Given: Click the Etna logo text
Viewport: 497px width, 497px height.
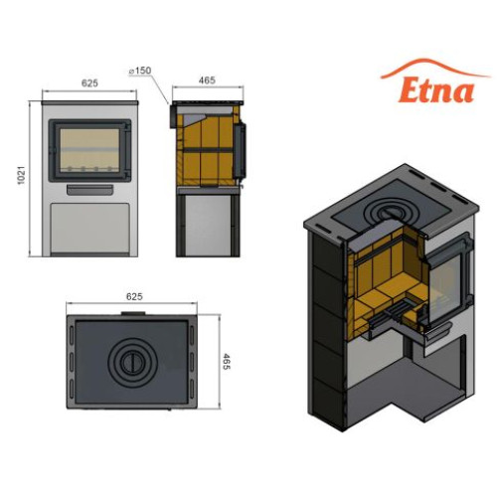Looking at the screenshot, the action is [x=436, y=90].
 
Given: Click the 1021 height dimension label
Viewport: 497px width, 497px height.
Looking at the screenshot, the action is [x=21, y=175].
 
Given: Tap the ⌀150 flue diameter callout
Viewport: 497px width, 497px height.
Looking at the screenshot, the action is [x=140, y=71].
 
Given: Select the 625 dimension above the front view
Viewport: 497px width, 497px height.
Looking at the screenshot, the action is [x=89, y=83].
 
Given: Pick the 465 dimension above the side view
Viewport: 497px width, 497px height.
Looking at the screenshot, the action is [x=207, y=81].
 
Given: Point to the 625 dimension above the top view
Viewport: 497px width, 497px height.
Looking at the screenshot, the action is [x=134, y=296].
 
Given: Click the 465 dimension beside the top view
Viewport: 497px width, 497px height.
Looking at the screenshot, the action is [x=226, y=362].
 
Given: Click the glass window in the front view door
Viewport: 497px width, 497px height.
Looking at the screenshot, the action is [x=89, y=150].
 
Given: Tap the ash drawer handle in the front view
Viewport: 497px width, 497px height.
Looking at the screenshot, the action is [x=90, y=190].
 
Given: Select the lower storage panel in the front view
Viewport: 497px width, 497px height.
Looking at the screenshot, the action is [x=89, y=228].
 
